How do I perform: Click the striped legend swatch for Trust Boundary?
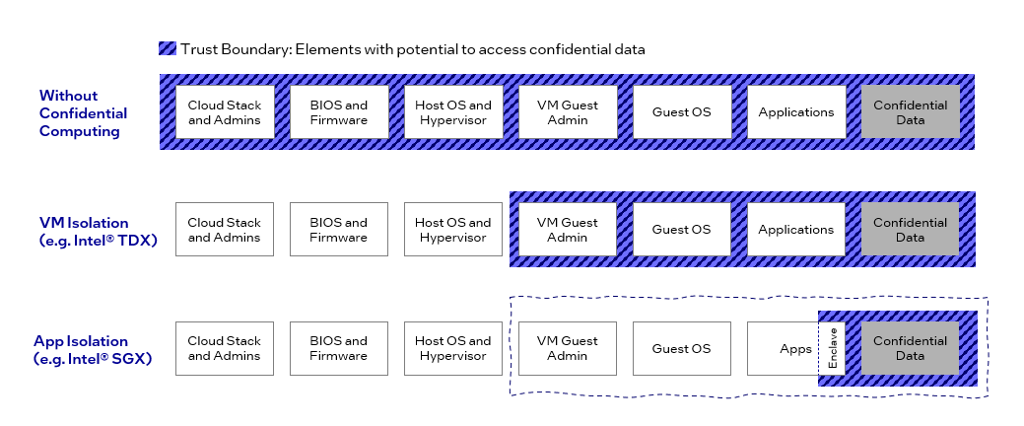(167, 48)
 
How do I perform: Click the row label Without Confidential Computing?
(82, 112)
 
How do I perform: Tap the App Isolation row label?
(93, 349)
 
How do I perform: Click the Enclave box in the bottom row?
(832, 348)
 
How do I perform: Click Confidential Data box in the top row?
(910, 112)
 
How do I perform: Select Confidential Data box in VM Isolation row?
(910, 230)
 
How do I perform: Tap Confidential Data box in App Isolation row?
(910, 348)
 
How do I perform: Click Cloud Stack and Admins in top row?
(224, 112)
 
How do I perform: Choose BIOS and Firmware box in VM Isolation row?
(338, 230)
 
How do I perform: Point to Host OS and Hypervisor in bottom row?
(452, 348)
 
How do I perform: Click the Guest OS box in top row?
(681, 112)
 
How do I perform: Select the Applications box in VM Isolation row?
(795, 230)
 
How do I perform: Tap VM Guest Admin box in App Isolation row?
(567, 348)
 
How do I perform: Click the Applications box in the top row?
(795, 112)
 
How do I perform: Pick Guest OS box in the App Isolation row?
(681, 348)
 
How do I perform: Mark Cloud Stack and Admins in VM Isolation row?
(224, 230)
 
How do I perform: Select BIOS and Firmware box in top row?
(338, 112)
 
